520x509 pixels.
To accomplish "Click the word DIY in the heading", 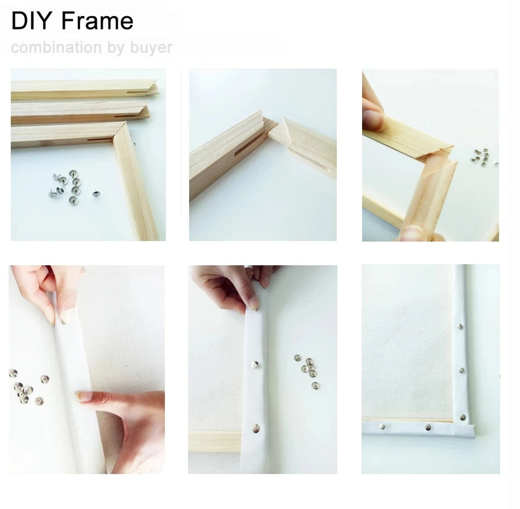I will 32,21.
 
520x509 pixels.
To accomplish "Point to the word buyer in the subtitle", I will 151,48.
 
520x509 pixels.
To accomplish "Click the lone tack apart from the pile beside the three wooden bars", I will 96,193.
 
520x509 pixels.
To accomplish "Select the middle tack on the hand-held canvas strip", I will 255,365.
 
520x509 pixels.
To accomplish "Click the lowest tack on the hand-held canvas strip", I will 256,428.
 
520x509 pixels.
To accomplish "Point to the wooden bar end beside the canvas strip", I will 215,441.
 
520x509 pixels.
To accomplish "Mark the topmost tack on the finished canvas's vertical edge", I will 460,326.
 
